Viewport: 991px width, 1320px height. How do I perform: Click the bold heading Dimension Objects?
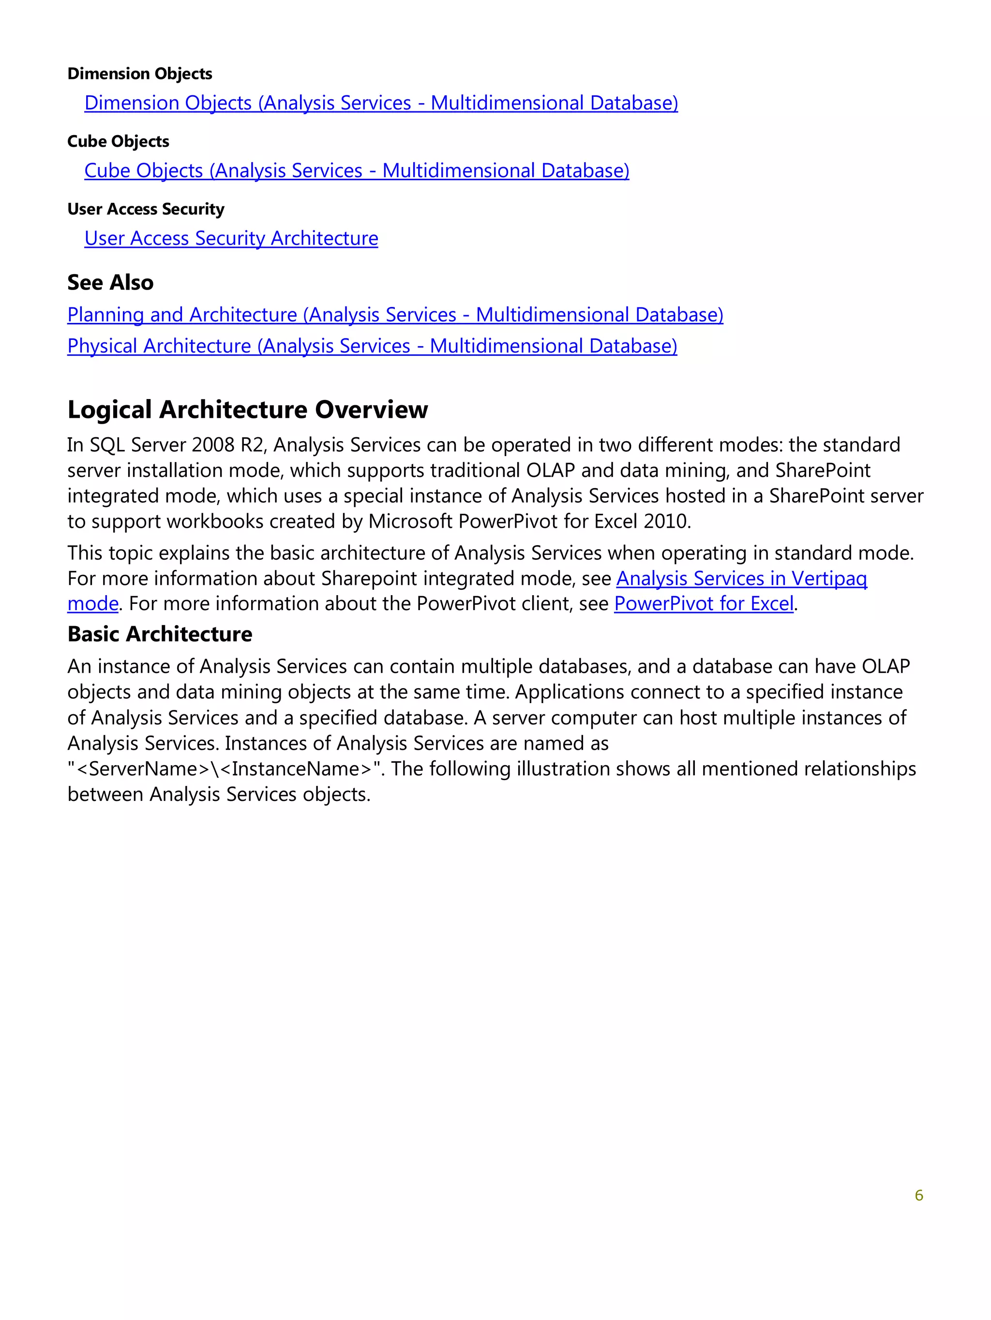[139, 74]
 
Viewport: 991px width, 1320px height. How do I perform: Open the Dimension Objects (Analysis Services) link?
[380, 103]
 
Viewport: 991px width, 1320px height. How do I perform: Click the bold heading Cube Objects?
[118, 141]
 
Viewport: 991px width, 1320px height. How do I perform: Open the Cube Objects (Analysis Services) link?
[356, 170]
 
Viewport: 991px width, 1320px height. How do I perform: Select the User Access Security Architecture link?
[231, 238]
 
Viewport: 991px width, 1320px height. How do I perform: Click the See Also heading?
[110, 282]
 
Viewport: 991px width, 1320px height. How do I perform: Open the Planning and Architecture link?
[395, 314]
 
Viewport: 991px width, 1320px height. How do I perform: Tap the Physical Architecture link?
[372, 346]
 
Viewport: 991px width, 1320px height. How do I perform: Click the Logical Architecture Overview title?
[247, 409]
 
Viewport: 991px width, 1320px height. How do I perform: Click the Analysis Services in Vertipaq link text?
[741, 578]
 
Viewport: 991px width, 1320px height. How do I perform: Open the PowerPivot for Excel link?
[704, 604]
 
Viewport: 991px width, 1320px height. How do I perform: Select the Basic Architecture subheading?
[159, 634]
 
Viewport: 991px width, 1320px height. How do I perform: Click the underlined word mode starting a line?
[92, 604]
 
